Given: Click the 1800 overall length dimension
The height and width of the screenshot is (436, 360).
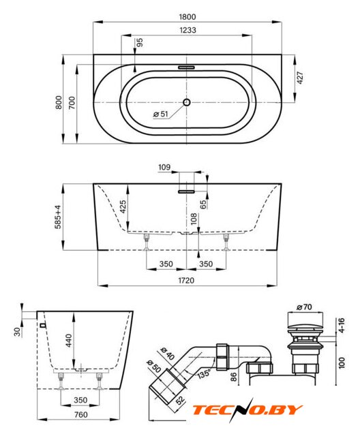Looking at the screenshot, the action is [187, 17].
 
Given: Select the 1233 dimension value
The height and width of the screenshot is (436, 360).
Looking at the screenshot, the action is [187, 30].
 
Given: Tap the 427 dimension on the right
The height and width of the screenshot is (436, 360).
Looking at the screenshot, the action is [300, 78].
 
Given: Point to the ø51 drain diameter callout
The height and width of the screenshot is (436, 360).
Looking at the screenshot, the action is [161, 114].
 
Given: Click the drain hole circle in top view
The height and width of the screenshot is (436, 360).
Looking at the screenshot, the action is [187, 102].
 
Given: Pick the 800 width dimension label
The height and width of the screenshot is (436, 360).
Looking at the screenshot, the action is [59, 102].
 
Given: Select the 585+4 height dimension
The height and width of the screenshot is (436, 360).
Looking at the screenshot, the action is [58, 217].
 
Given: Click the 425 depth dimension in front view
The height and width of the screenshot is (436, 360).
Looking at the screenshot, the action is [123, 206].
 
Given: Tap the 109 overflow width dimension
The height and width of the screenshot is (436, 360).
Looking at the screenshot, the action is [164, 167].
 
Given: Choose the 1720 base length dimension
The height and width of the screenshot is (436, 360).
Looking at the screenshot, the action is [186, 280].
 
